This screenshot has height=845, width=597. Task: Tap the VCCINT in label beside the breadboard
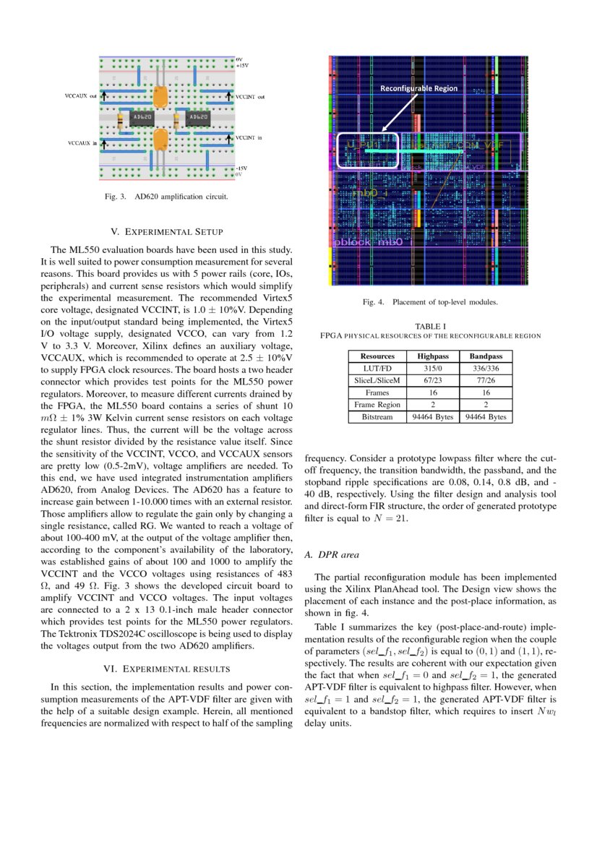[x=250, y=137]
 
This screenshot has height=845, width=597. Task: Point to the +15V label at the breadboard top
[x=242, y=65]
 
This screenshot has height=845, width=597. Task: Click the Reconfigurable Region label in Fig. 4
[x=419, y=88]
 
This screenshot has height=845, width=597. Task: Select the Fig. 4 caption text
[x=430, y=302]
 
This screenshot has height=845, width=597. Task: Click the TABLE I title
[x=430, y=326]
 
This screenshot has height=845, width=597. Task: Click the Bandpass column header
[x=486, y=356]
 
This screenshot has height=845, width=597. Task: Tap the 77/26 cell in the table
[x=486, y=380]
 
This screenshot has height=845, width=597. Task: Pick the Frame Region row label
[x=377, y=405]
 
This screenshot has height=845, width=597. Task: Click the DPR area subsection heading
[x=332, y=555]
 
